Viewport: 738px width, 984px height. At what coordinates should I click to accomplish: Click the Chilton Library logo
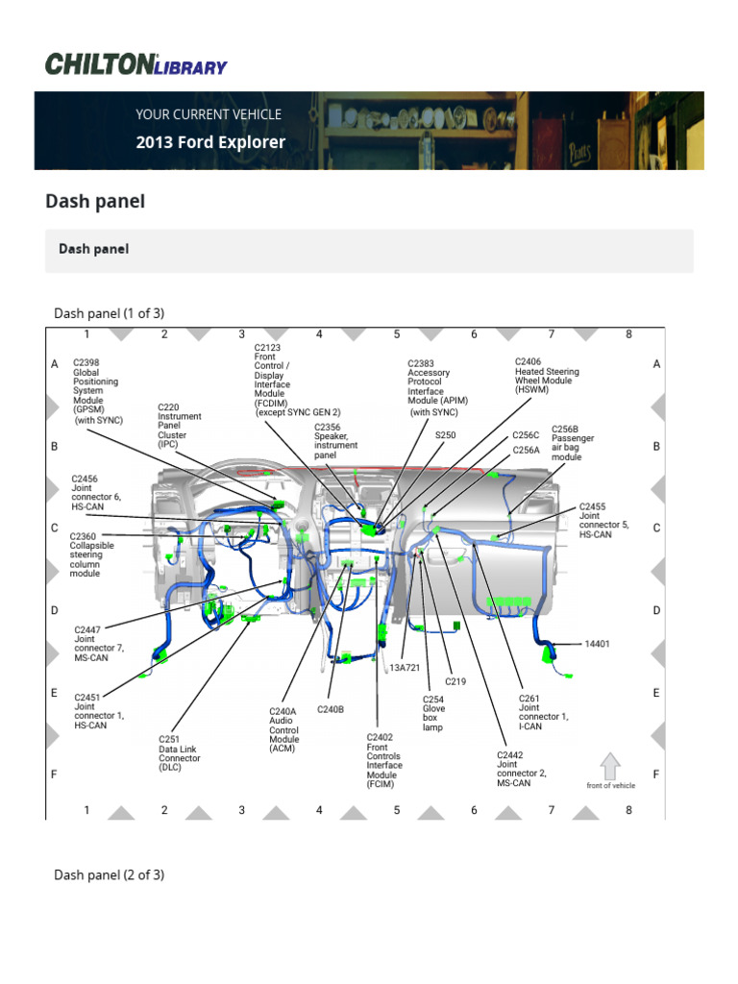coord(136,64)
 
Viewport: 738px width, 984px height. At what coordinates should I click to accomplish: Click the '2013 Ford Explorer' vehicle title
coord(210,142)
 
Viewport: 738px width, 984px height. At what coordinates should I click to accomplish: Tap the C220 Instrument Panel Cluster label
coord(180,426)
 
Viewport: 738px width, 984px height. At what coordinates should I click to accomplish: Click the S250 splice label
coord(446,435)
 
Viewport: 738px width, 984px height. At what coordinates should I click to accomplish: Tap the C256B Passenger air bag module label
coord(573,443)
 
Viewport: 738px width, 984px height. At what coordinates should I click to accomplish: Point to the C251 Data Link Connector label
coord(180,753)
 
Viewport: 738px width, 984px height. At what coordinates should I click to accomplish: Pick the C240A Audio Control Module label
coord(284,729)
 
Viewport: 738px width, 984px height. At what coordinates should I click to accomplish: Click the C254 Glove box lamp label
coord(434,713)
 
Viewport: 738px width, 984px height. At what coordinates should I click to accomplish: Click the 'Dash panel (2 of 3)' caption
coord(109,874)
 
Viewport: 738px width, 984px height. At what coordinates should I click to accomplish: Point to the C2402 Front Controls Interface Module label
coord(384,760)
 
